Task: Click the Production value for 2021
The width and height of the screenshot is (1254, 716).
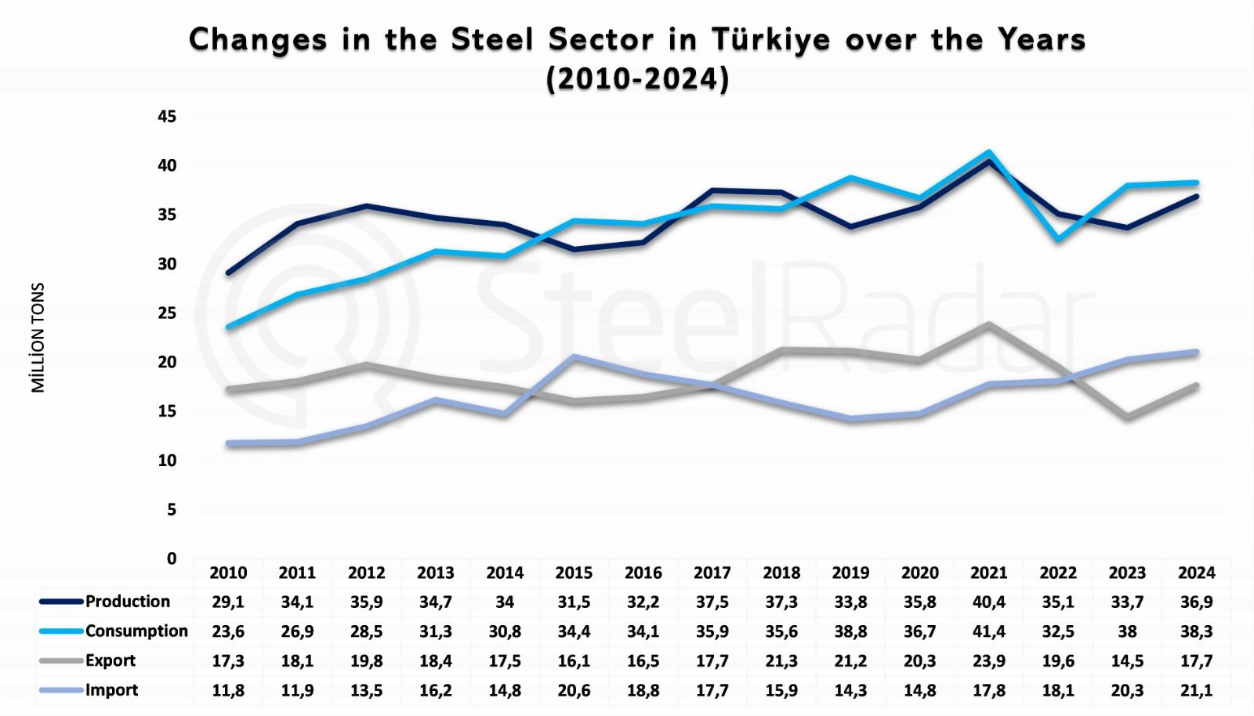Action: pos(988,602)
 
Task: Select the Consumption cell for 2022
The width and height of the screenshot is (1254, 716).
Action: pos(1057,631)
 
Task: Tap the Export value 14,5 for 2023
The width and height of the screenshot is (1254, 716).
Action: pos(1126,661)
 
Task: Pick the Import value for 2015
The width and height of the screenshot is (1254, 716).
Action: pos(574,691)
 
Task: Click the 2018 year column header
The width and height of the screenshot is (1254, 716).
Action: pos(781,573)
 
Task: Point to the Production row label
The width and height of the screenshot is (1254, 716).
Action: pos(127,602)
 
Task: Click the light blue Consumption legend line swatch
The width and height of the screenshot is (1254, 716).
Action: pos(60,631)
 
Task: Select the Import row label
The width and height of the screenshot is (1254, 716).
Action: pos(111,690)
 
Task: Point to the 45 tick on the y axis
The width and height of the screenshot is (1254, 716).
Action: pos(167,117)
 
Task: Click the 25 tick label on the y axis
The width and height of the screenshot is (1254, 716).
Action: pos(167,313)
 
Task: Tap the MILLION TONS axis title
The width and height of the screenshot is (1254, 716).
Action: pos(38,338)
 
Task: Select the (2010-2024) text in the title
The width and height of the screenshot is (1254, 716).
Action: pos(637,79)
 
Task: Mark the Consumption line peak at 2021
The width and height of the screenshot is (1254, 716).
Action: pos(989,153)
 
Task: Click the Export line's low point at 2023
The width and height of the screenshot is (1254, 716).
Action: pos(1127,417)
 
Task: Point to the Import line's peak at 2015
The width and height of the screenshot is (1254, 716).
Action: pos(574,357)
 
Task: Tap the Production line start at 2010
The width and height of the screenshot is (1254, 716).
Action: pos(228,273)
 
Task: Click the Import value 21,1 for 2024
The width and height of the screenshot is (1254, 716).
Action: pos(1195,691)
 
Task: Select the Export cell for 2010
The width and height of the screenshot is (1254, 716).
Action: pos(228,661)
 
